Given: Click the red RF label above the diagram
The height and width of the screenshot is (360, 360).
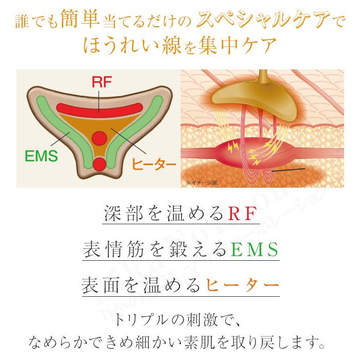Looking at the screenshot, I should tap(98, 82).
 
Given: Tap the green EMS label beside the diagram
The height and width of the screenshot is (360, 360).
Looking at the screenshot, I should tap(42, 156).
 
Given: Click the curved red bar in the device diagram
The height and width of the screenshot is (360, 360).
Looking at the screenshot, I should tap(99, 108).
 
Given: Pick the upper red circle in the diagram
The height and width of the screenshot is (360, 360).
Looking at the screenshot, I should tap(99, 137).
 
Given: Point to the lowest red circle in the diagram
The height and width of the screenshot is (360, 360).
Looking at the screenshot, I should tap(99, 164).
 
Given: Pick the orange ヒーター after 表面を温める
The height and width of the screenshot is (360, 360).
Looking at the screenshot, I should tap(242, 285).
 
